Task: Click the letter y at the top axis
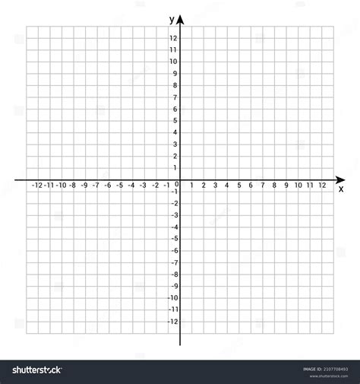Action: (172, 18)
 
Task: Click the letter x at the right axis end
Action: (341, 188)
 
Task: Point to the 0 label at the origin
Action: (177, 184)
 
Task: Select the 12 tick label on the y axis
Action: (174, 38)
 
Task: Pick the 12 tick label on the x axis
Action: (322, 185)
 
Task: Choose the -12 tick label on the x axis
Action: (37, 185)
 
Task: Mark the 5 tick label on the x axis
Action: (239, 185)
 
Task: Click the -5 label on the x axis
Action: (119, 185)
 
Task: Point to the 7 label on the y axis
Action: (175, 97)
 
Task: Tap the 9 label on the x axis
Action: (286, 185)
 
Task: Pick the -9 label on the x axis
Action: (72, 185)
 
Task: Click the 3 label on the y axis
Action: (175, 144)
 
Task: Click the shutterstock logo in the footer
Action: (34, 370)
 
